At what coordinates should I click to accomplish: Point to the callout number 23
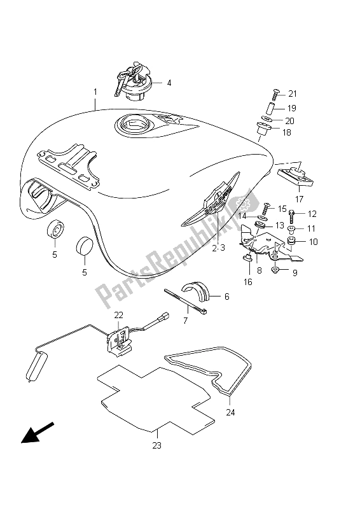156,446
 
